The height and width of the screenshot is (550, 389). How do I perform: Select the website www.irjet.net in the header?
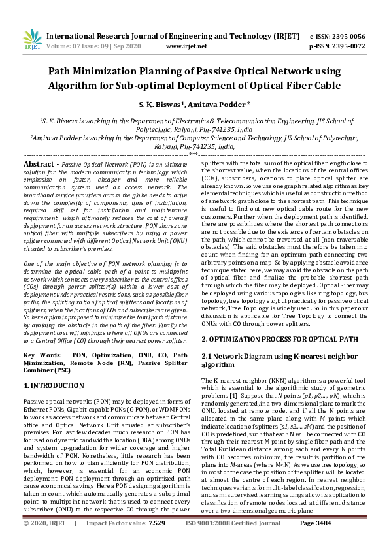tap(187, 47)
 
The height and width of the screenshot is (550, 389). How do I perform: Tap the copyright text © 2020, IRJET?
tap(46, 541)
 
